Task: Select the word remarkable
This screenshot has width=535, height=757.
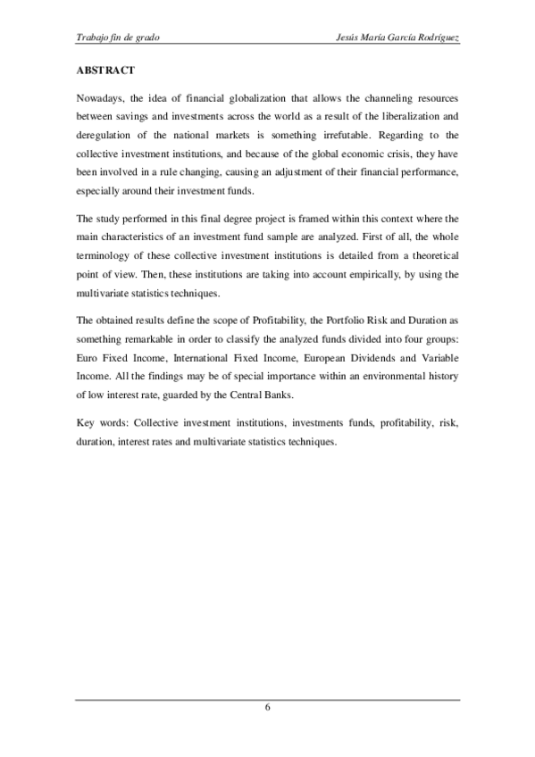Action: [x=159, y=341]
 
